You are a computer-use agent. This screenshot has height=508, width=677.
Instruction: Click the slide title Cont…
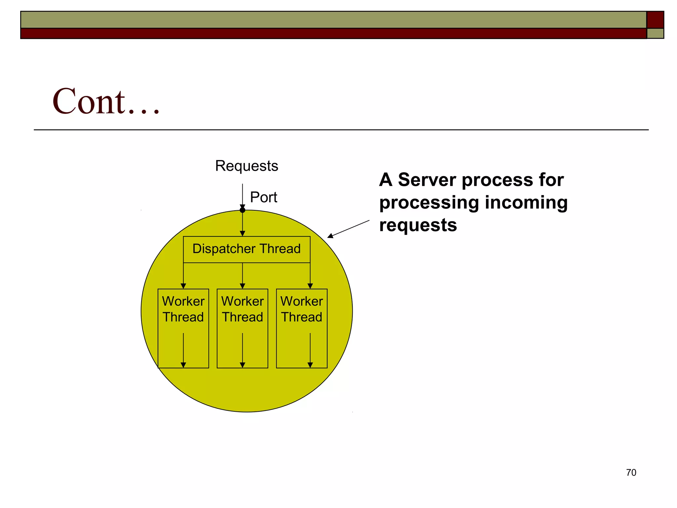(106, 101)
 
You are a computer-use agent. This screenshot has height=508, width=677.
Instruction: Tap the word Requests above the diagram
(246, 166)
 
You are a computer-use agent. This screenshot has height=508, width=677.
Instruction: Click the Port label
(263, 197)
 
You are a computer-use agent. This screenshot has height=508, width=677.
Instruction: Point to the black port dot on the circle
(242, 210)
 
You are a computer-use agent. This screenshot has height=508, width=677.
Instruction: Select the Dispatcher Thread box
(246, 249)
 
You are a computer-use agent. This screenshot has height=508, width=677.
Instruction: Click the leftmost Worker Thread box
(183, 328)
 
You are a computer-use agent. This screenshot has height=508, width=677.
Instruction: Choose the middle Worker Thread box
(242, 328)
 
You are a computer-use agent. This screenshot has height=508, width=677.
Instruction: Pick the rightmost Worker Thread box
(301, 328)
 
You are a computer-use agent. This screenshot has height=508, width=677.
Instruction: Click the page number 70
(631, 473)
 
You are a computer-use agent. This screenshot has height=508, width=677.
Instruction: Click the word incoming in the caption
(526, 202)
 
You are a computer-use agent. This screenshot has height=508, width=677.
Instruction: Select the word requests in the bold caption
(418, 225)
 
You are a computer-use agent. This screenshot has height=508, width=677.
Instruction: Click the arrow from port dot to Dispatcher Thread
(242, 224)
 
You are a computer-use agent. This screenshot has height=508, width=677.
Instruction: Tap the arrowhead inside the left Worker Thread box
(183, 365)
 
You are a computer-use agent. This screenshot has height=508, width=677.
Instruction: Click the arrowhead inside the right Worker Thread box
(310, 365)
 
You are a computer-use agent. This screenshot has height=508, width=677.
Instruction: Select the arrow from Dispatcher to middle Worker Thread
(242, 275)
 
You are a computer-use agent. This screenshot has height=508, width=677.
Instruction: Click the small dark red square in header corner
(655, 20)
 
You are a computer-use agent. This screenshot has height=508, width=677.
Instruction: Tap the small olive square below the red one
(655, 33)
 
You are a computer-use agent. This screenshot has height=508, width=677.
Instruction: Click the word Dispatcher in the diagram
(224, 249)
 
